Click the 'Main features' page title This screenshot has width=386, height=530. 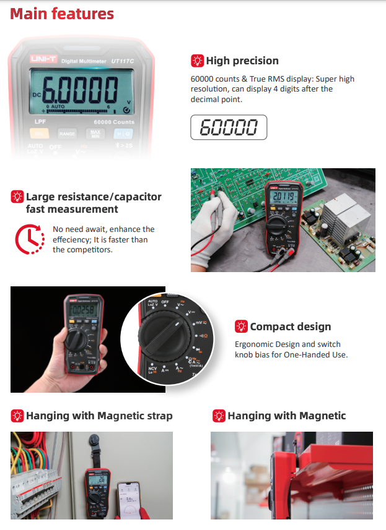click(x=62, y=14)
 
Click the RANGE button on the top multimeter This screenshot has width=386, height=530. click(x=67, y=133)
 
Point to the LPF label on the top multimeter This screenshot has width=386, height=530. click(x=40, y=122)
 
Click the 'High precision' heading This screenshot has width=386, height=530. click(x=242, y=61)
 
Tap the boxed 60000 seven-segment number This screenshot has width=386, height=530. click(x=229, y=127)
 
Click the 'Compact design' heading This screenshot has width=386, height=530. click(x=290, y=327)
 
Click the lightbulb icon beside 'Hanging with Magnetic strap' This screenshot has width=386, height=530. click(x=17, y=416)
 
